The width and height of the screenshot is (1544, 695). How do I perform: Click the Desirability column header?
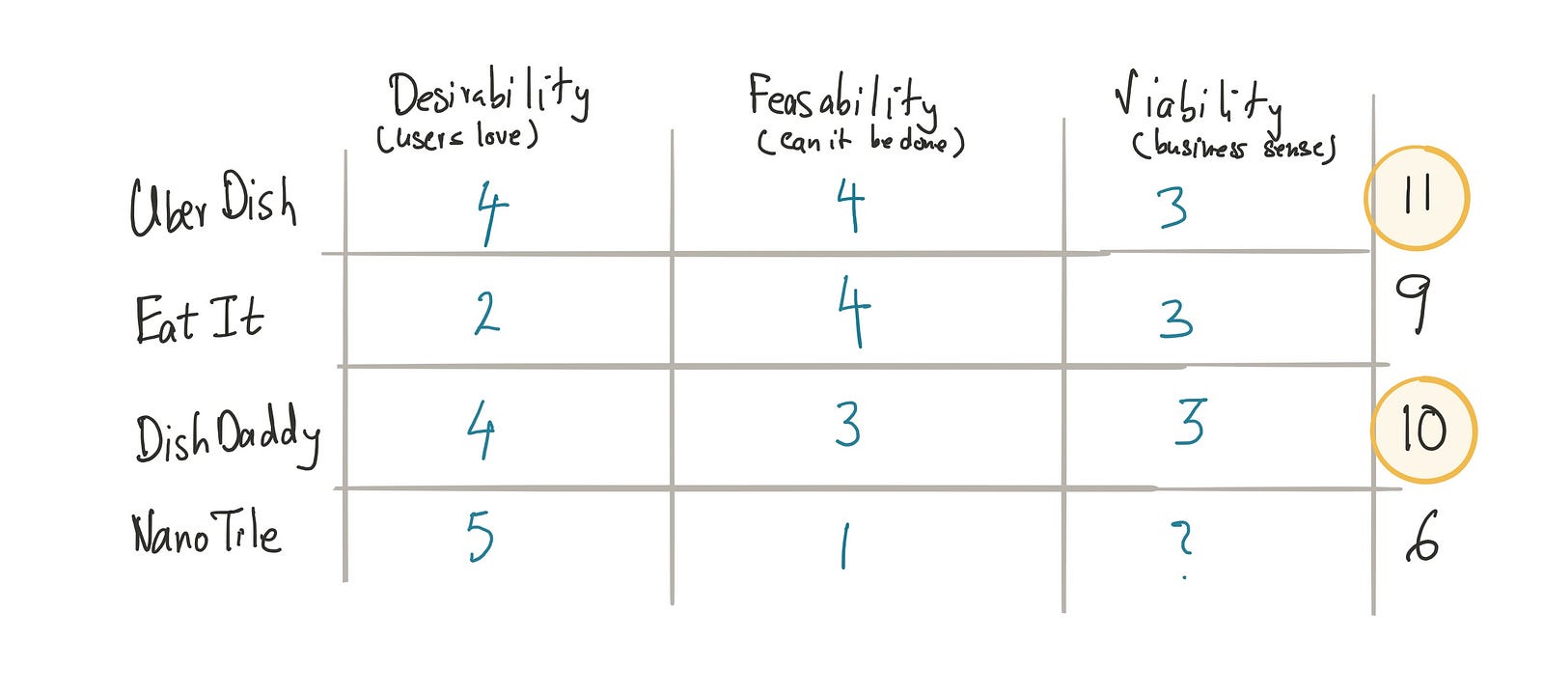point(488,95)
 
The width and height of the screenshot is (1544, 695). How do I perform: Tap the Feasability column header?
point(841,97)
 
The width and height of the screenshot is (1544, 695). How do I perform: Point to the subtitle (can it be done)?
point(860,142)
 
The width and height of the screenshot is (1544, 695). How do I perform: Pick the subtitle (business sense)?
point(1234,147)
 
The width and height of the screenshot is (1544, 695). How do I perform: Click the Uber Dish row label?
point(212,205)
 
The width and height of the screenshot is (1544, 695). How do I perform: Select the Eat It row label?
point(199,320)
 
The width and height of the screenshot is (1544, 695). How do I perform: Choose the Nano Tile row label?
point(206,533)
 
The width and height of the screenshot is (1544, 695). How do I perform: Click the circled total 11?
point(1416,197)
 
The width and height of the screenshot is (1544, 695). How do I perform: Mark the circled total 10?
point(1423,430)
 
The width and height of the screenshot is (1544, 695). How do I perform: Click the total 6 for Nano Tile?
point(1422,538)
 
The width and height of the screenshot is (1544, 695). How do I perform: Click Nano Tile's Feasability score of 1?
point(845,545)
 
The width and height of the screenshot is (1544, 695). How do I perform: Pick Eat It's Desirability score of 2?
point(487,313)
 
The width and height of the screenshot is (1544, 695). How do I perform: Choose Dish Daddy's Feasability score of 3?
point(847,424)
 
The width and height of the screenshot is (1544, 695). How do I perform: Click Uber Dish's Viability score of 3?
point(1172,208)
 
